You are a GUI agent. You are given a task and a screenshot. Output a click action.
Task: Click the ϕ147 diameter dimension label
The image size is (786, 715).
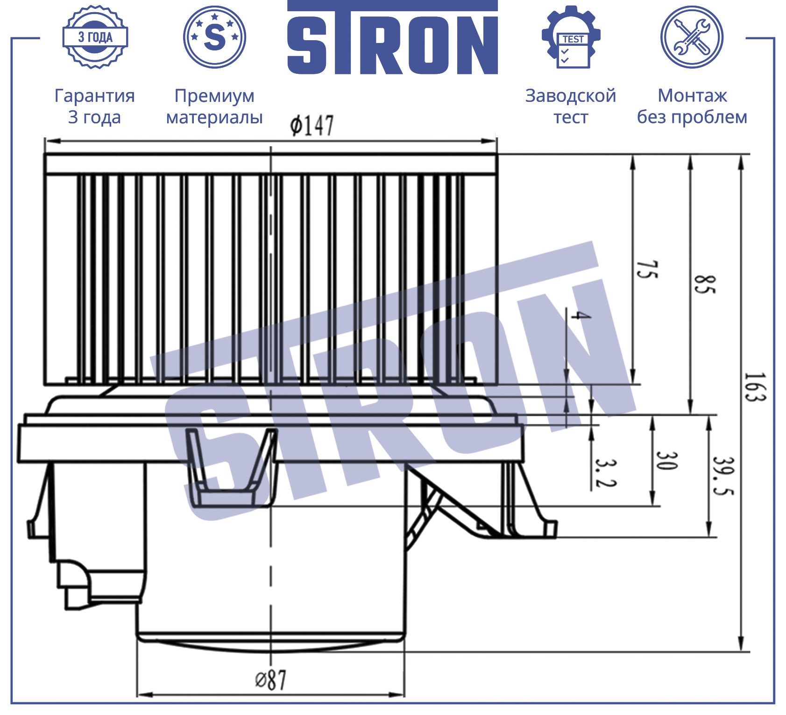tap(312, 125)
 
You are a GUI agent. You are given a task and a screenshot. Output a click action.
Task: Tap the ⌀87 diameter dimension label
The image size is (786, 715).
tap(270, 680)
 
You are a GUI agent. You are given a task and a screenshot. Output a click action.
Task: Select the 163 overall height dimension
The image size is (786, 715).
tap(754, 387)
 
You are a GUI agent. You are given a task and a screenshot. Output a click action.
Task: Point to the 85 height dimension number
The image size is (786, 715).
tap(704, 284)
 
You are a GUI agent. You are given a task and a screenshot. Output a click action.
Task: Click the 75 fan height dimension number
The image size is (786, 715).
tap(647, 270)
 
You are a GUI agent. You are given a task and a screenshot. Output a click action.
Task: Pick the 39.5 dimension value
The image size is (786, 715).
tap(723, 475)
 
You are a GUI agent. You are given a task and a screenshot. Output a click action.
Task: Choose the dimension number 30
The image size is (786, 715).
tap(666, 460)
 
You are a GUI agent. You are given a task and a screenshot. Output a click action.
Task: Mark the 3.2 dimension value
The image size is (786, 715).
tap(606, 473)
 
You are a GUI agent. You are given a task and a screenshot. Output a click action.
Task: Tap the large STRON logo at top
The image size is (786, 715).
tap(392, 37)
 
